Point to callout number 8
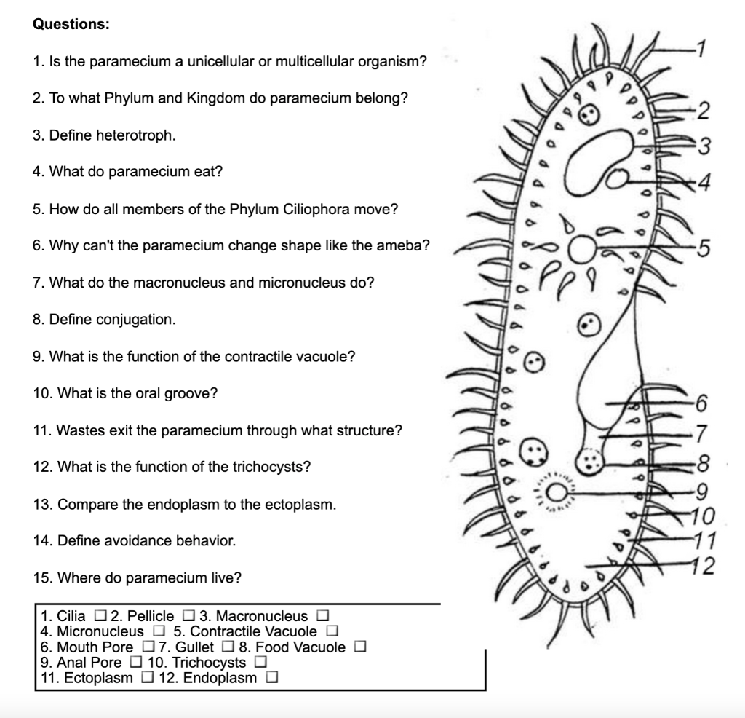click(702, 462)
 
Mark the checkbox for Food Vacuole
click(359, 647)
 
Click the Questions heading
click(71, 24)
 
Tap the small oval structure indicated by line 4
click(618, 177)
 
